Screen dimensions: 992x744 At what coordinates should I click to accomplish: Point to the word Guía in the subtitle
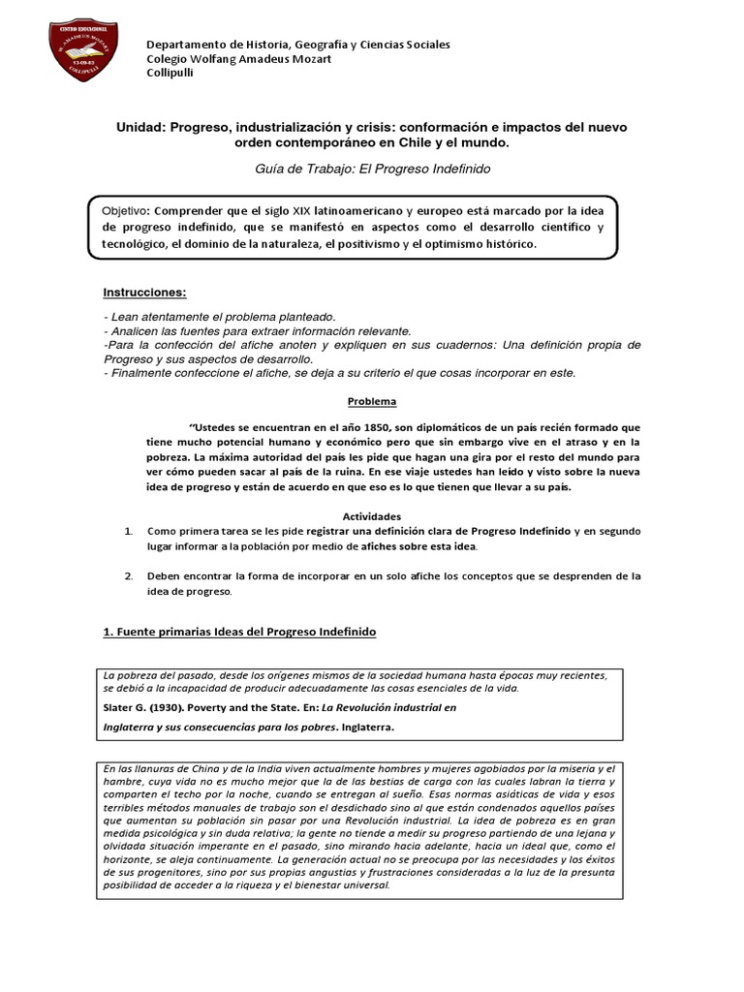point(268,169)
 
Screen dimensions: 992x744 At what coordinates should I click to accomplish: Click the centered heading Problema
point(372,401)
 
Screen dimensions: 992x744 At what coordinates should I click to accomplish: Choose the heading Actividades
point(372,516)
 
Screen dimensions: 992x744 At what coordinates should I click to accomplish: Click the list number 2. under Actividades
point(129,575)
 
